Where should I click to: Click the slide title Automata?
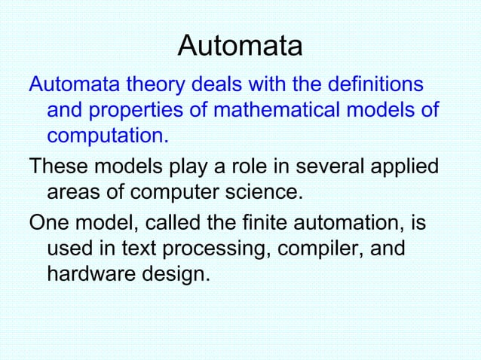pos(240,47)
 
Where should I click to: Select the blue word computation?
pos(107,138)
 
